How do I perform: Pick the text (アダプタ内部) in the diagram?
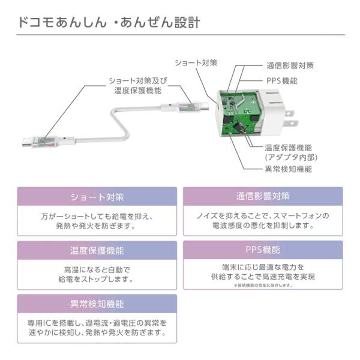(291, 157)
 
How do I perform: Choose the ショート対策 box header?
(97, 197)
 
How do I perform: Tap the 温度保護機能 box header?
(97, 250)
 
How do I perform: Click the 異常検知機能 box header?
(97, 304)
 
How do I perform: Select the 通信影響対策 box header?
(263, 196)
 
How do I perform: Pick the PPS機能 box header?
(263, 250)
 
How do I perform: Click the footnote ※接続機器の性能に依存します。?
(263, 286)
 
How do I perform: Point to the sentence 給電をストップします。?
(97, 280)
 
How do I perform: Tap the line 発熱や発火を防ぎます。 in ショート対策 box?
(97, 226)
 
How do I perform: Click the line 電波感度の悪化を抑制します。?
(263, 226)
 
